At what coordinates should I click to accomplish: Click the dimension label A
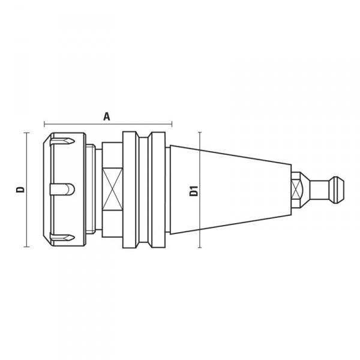coord(107,116)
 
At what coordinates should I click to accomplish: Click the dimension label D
coord(20,190)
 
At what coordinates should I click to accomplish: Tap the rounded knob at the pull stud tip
coord(337,190)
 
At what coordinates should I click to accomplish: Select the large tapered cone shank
coord(230,190)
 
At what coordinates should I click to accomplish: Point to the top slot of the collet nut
coord(62,141)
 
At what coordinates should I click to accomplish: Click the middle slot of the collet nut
coord(62,190)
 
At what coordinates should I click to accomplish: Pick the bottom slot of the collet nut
coord(62,238)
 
